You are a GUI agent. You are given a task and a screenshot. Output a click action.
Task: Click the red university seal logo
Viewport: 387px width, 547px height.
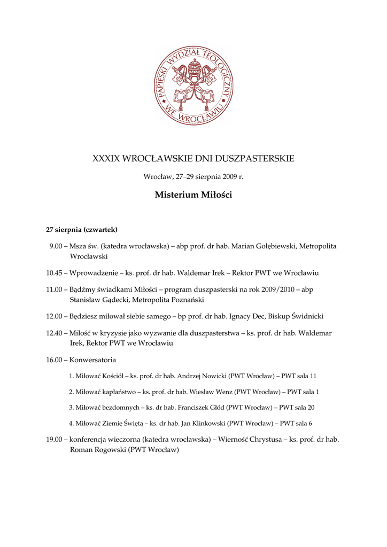(193, 85)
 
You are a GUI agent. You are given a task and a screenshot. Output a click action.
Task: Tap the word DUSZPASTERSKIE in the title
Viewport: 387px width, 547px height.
(253, 159)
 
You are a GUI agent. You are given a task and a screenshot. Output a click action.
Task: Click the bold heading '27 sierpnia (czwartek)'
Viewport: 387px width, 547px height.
(82, 230)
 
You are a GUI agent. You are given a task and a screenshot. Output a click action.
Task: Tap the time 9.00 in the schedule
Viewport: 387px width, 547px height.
(56, 246)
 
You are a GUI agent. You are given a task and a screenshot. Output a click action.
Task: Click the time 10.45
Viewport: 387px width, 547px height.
(55, 273)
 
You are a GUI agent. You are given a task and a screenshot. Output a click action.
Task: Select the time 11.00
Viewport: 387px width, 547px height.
(55, 290)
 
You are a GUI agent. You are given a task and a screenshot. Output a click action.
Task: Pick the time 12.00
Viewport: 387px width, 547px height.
(55, 316)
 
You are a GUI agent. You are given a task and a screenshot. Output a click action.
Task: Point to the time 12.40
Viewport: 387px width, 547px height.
(55, 333)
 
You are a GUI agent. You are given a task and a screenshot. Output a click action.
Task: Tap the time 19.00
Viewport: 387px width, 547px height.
(55, 440)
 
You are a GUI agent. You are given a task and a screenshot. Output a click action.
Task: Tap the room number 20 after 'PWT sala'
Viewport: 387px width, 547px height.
(311, 408)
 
